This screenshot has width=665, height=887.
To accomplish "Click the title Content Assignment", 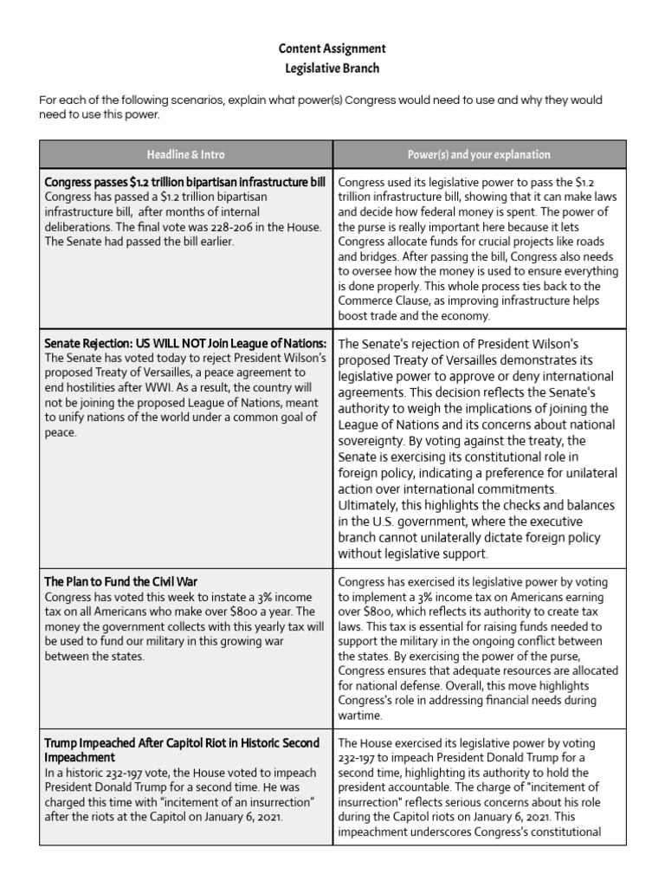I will click(332, 49).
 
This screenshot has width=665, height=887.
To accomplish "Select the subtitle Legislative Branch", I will click(332, 68).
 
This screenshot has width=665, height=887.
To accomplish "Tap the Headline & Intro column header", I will click(186, 154).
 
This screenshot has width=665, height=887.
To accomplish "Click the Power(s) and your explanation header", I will click(479, 154).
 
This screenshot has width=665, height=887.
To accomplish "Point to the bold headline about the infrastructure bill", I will click(184, 183).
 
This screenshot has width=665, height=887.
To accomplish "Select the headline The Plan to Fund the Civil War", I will click(127, 581).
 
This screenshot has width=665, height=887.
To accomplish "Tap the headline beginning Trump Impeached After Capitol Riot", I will click(182, 743).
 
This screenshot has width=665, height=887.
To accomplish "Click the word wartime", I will click(360, 715).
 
